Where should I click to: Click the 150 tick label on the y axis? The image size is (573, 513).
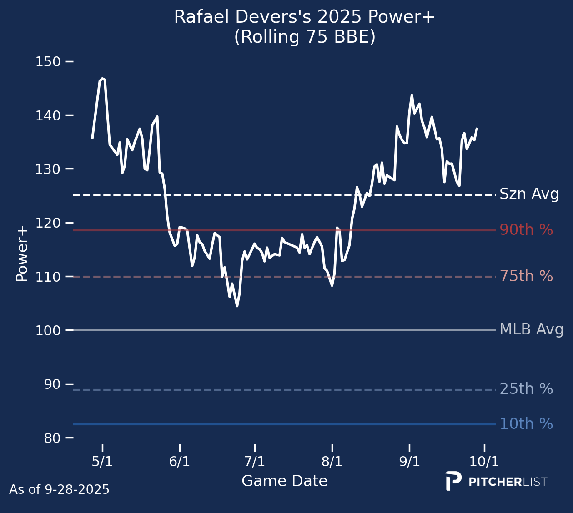point(48,61)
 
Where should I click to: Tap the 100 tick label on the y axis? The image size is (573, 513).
point(48,330)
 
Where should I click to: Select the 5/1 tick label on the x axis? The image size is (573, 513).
point(102,462)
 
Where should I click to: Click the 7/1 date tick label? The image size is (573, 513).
point(255,462)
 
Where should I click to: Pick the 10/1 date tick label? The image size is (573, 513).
point(484,462)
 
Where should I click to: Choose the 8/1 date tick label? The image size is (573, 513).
point(332,462)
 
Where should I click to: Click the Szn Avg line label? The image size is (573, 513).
point(529,194)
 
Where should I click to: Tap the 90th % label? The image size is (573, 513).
point(526,230)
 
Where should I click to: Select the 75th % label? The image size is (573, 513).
point(526,276)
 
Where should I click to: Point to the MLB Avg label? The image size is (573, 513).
point(531,329)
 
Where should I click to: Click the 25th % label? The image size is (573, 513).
point(526,389)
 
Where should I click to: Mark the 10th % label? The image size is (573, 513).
point(526,424)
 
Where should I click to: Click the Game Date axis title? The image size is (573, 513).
point(284,481)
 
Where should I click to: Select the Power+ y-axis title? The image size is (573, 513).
point(22,254)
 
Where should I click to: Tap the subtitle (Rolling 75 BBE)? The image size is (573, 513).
point(305,37)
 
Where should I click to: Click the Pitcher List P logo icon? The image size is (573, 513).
point(453,481)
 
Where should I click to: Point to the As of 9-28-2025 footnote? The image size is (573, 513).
point(59,490)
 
